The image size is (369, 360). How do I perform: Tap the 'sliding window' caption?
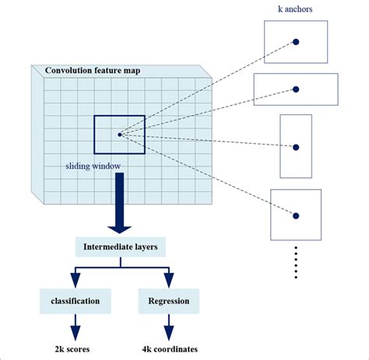point(93,166)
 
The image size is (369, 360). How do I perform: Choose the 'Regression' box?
point(169,300)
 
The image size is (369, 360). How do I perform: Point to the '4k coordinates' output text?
point(169,349)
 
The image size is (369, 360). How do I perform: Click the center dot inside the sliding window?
point(119,135)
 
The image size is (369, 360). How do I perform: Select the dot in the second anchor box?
point(297,89)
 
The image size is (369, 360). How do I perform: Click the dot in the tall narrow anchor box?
point(296,145)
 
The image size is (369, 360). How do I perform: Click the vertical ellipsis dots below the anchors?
point(296,263)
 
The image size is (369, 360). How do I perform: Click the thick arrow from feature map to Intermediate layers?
point(119,204)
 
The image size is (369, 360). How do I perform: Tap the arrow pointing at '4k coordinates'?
point(169,327)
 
